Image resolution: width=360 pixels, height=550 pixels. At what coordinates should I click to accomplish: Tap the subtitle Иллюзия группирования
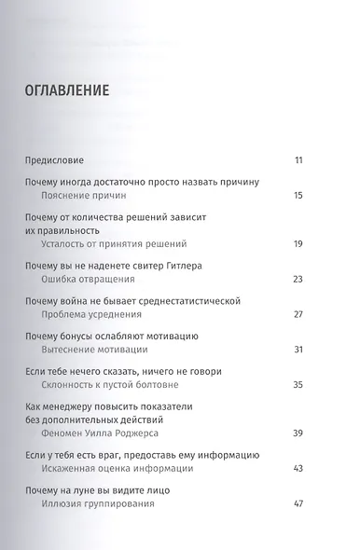[x=99, y=503]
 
